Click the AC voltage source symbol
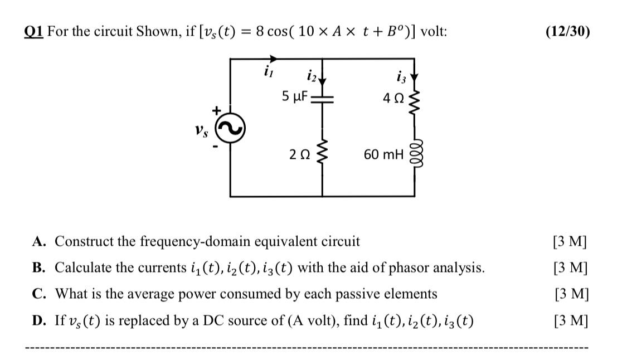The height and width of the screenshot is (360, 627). pos(231,129)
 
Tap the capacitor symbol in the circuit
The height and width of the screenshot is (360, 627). pos(322,99)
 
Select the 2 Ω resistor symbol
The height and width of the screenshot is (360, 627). pos(322,153)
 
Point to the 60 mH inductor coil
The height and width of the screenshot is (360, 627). pos(414,153)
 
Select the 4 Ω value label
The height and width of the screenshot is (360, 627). pos(393,98)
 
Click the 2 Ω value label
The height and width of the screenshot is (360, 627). pos(299,154)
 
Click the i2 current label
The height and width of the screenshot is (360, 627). pos(310,75)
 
